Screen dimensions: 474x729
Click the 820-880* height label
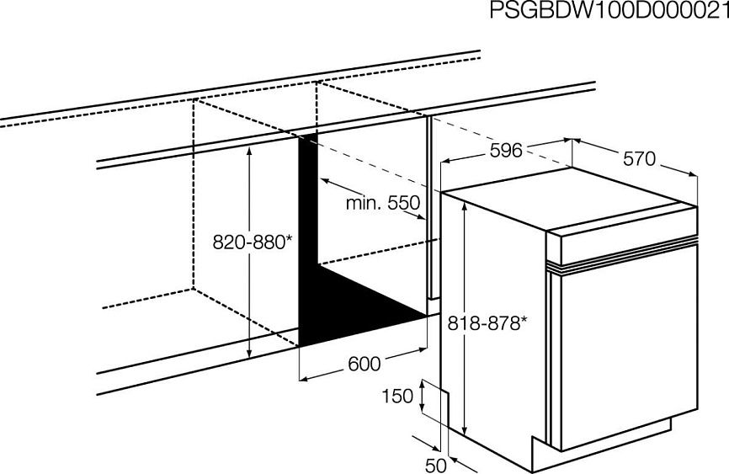252,242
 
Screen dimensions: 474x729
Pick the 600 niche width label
364,363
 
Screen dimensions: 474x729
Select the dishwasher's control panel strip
623,244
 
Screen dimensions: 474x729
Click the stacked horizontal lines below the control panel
623,268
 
